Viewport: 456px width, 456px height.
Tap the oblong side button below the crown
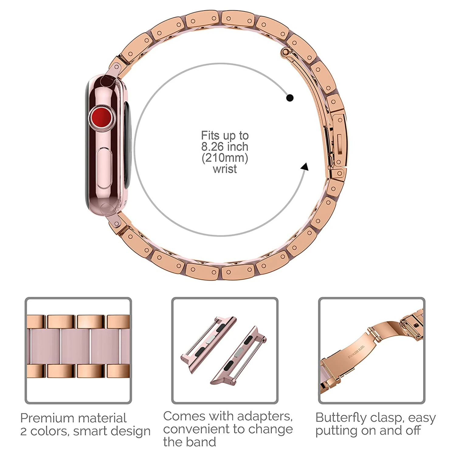104,169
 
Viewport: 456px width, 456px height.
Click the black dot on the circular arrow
290,98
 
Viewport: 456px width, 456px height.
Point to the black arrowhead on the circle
305,167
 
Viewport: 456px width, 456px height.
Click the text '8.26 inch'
225,147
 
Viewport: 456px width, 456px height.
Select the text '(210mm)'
225,158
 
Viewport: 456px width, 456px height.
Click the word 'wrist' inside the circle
225,169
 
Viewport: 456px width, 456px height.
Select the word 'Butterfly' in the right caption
340,418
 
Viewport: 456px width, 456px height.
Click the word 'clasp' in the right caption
385,418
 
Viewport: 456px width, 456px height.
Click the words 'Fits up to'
225,136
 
